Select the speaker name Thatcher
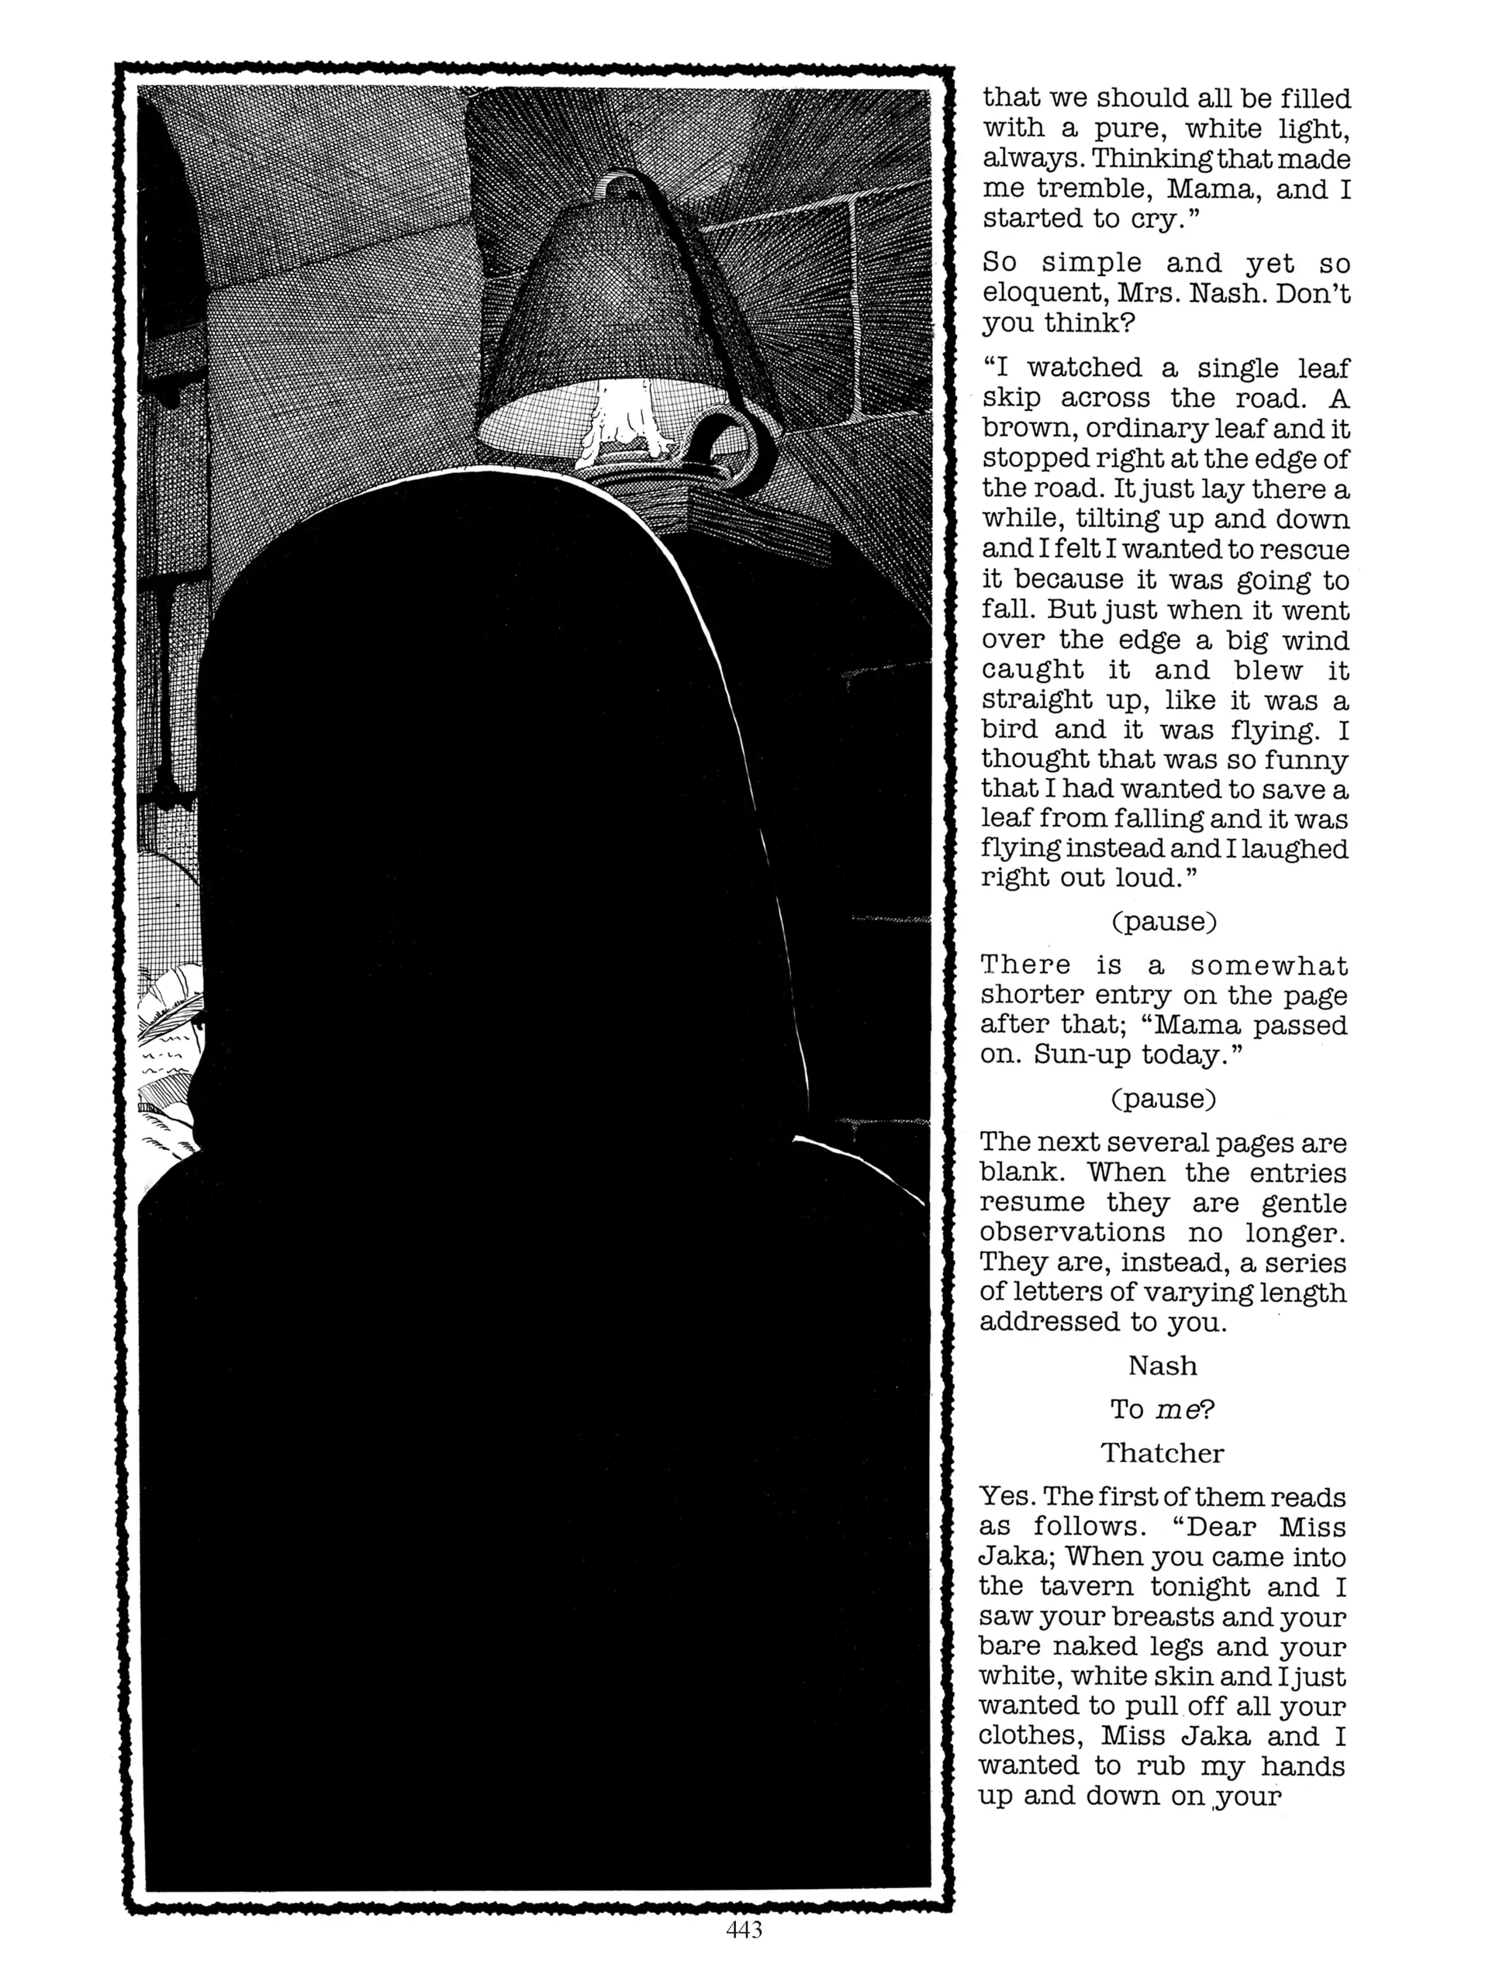pyautogui.click(x=1163, y=1452)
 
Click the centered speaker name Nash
pyautogui.click(x=1163, y=1365)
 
